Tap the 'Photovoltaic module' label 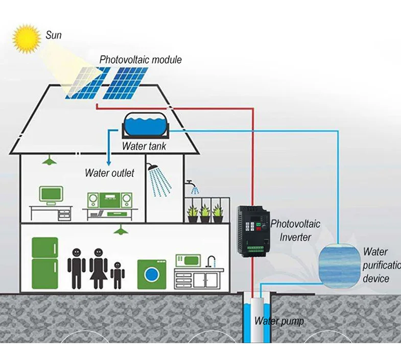pyautogui.click(x=140, y=60)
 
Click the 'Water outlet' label pyautogui.click(x=109, y=173)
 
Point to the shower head pyautogui.click(x=152, y=167)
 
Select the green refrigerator pyautogui.click(x=45, y=262)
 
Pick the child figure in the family pyautogui.click(x=118, y=275)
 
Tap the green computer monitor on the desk pyautogui.click(x=51, y=194)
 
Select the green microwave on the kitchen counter pyautogui.click(x=188, y=260)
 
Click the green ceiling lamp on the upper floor pyautogui.click(x=49, y=161)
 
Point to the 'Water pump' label pyautogui.click(x=279, y=321)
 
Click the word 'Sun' pyautogui.click(x=54, y=35)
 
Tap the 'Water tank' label pyautogui.click(x=144, y=147)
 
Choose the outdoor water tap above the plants pyautogui.click(x=191, y=183)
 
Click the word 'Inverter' pyautogui.click(x=295, y=237)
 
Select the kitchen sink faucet pyautogui.click(x=210, y=261)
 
